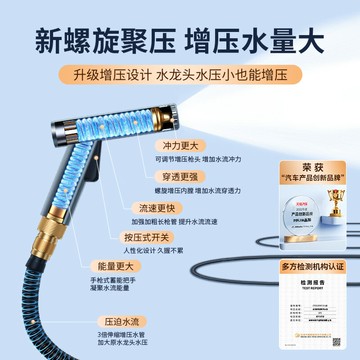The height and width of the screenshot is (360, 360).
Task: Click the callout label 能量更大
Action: (x=140, y=268)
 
